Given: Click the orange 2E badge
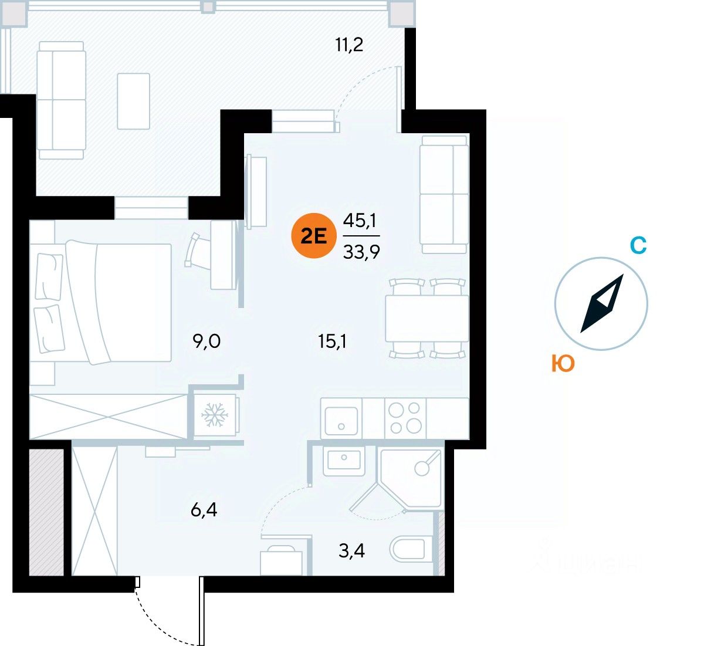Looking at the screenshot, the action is point(313,236).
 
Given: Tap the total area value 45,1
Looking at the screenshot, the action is point(360,221).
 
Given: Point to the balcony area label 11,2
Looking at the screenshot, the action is point(350,45).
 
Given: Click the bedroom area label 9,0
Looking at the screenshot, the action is point(207,340).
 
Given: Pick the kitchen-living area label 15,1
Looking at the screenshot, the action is point(332,340).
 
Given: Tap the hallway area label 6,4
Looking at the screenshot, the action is point(204,510).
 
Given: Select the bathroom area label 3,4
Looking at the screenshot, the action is point(351,551).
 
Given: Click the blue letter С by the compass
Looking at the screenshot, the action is point(638,245).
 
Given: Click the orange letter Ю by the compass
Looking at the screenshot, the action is point(563,364).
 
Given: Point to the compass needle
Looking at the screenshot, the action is point(601,304).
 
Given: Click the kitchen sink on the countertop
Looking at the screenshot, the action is point(341,418).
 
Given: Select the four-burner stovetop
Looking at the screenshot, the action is point(405,418).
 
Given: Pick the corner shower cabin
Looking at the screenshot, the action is point(411,478).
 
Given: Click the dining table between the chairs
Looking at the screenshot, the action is point(426,318).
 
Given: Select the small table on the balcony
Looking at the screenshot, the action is point(133,101).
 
